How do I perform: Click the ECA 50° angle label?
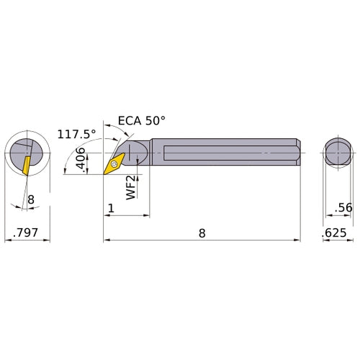[x=142, y=120]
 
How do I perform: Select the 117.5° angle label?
[x=76, y=134]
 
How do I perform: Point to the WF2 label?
[x=132, y=187]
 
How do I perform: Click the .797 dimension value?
[x=25, y=233]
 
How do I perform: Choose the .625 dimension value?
[x=334, y=233]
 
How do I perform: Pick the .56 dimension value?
[x=343, y=207]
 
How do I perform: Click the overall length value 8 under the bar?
[x=202, y=233]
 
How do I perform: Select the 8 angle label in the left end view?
[x=31, y=199]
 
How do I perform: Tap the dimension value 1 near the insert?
[x=111, y=208]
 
